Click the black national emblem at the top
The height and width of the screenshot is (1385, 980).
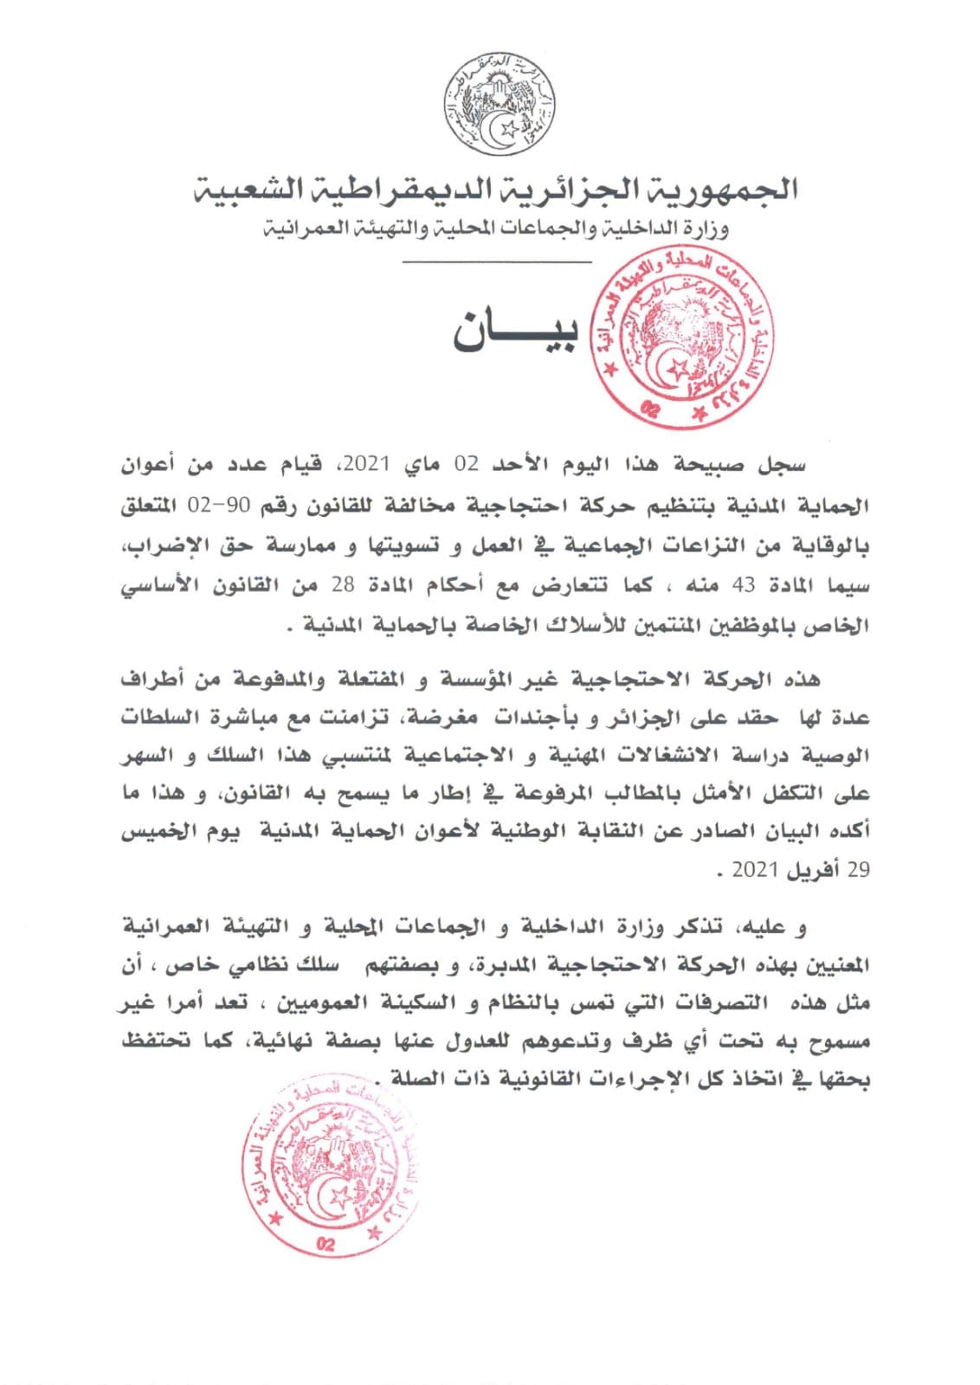501,103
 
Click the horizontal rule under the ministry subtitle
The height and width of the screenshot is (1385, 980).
497,261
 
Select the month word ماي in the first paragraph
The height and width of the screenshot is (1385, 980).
422,465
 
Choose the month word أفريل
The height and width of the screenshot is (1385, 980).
812,871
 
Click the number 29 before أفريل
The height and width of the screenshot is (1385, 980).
856,871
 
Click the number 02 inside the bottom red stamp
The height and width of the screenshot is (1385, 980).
326,1245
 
